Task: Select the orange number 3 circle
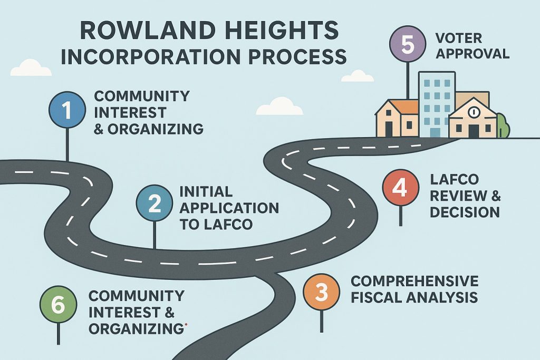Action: point(322,293)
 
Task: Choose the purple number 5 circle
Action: point(408,45)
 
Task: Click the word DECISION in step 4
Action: point(465,212)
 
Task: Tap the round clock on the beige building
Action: point(472,112)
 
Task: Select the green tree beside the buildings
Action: point(502,126)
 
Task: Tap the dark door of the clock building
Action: point(473,130)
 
